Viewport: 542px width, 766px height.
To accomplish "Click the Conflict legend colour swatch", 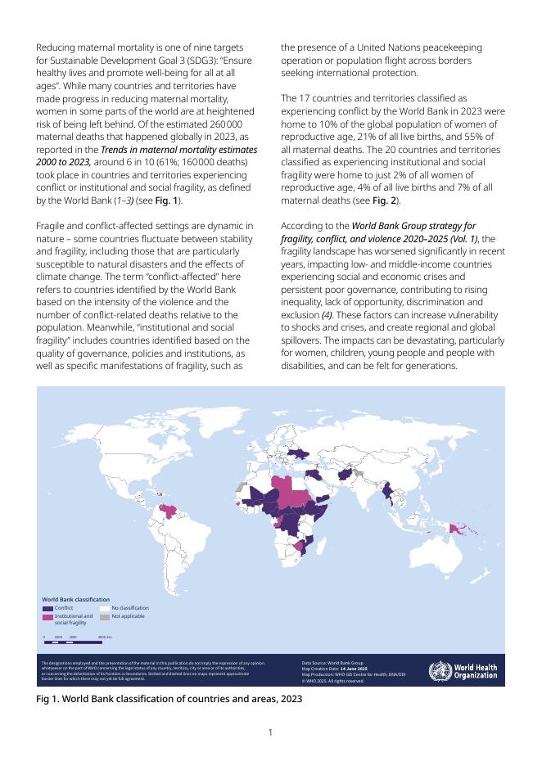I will (47, 608).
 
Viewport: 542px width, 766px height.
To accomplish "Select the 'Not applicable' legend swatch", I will (105, 615).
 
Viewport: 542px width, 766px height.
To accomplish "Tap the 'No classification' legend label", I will (130, 608).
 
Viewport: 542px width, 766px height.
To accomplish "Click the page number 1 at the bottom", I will (270, 732).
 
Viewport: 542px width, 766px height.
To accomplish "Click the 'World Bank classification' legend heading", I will (76, 600).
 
